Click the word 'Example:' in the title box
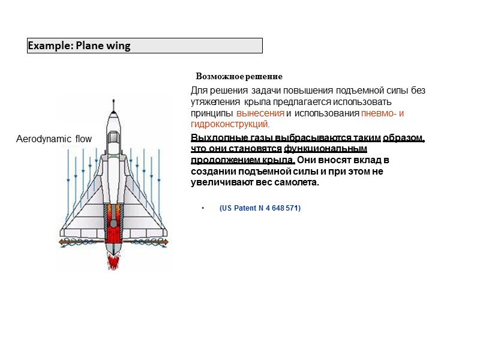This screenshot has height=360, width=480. pyautogui.click(x=50, y=46)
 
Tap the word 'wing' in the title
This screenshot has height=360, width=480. pyautogui.click(x=118, y=46)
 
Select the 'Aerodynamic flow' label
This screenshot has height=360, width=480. pyautogui.click(x=53, y=139)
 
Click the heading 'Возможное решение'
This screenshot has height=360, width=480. pyautogui.click(x=239, y=77)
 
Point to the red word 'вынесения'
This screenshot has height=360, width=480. pyautogui.click(x=260, y=113)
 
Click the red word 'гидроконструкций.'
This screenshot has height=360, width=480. pyautogui.click(x=230, y=124)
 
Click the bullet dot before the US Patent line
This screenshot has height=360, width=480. pyautogui.click(x=203, y=208)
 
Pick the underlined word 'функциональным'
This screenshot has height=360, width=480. pyautogui.click(x=325, y=149)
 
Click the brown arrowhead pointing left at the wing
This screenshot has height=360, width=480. pyautogui.click(x=61, y=242)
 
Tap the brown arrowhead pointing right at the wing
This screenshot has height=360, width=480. pyautogui.click(x=167, y=242)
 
